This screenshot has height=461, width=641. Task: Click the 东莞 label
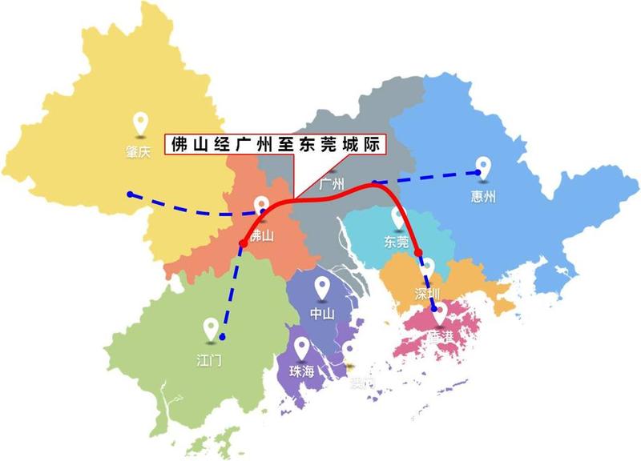(397, 243)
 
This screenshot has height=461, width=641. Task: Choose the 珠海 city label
(302, 372)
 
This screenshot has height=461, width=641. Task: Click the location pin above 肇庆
(142, 123)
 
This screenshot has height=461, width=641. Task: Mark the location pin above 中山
(322, 286)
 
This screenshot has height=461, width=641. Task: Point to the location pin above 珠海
(302, 347)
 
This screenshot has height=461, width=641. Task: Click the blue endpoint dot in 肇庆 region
(130, 194)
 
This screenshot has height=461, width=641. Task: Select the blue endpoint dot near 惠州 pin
(478, 171)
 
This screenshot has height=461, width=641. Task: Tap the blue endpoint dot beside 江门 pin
(223, 336)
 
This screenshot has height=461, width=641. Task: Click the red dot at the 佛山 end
(242, 243)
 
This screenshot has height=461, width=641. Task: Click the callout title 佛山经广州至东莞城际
(275, 145)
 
